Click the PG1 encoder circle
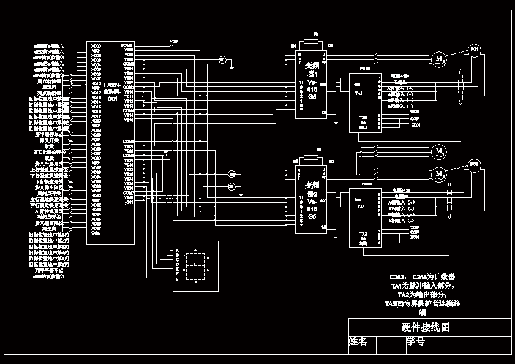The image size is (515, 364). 474,50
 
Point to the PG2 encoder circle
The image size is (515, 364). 473,164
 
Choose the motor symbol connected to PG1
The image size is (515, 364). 438,59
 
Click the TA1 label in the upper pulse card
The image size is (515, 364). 359,93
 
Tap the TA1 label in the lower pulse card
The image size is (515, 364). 359,207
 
